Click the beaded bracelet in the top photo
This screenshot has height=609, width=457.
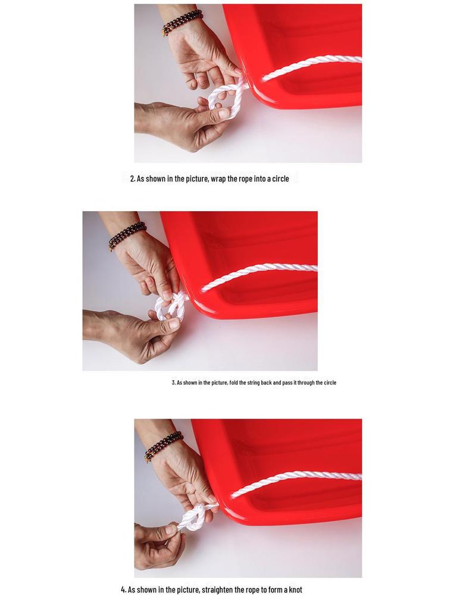(x=182, y=23)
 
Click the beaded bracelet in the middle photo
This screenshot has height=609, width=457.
(x=127, y=236)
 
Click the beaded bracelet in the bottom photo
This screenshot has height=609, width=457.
(x=164, y=446)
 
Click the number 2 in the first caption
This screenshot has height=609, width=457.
(x=133, y=179)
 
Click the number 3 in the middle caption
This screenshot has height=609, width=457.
(x=173, y=382)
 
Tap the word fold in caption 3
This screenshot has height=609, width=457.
(x=233, y=382)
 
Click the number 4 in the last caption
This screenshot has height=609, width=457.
(x=123, y=590)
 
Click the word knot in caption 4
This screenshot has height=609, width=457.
(x=295, y=590)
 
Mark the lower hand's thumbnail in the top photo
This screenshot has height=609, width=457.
(x=224, y=114)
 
